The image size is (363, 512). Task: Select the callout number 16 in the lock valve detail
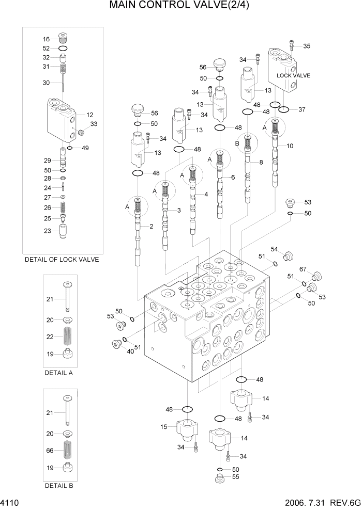pyautogui.click(x=46, y=39)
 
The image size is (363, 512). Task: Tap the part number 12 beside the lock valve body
pyautogui.click(x=89, y=115)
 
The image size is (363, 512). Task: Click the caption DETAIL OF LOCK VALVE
pyautogui.click(x=62, y=260)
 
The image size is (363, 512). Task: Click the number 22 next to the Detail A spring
pyautogui.click(x=50, y=337)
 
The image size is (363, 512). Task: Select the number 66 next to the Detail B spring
pyautogui.click(x=50, y=450)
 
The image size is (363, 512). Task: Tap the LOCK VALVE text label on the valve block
pyautogui.click(x=293, y=75)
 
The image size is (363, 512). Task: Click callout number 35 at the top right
pyautogui.click(x=307, y=46)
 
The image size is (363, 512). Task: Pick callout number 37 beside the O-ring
pyautogui.click(x=302, y=109)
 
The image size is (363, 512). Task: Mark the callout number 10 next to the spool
pyautogui.click(x=290, y=146)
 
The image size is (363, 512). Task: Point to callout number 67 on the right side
pyautogui.click(x=303, y=268)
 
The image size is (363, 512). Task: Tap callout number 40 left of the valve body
pyautogui.click(x=131, y=351)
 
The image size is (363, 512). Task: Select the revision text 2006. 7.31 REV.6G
pyautogui.click(x=321, y=503)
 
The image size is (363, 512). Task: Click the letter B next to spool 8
pyautogui.click(x=237, y=143)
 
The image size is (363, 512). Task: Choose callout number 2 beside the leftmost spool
pyautogui.click(x=152, y=226)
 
